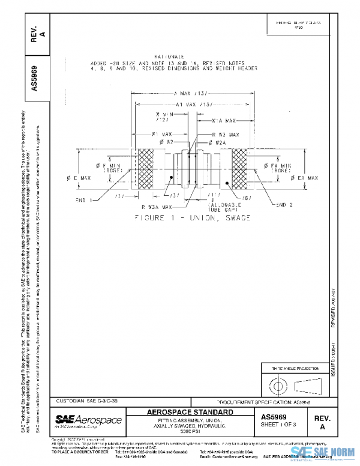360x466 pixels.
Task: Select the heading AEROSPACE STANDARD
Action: tap(190, 413)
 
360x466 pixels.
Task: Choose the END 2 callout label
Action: tap(284, 205)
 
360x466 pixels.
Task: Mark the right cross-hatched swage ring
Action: tap(240, 169)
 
